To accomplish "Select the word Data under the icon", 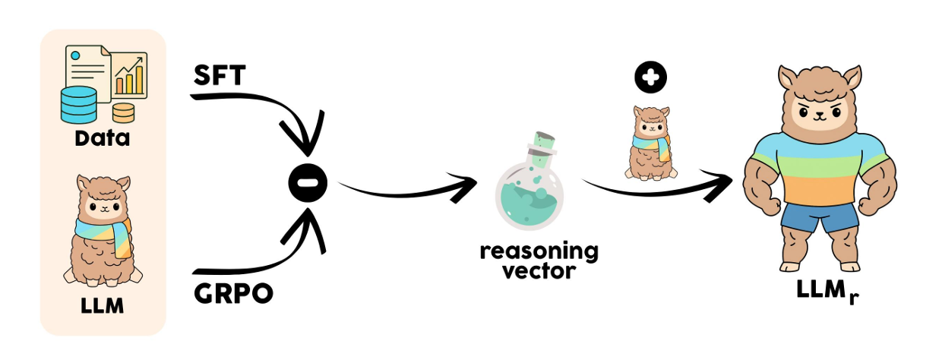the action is (103, 139).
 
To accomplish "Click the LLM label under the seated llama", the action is (102, 309).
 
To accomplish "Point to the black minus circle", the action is (307, 184).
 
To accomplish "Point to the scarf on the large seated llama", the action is (106, 228).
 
